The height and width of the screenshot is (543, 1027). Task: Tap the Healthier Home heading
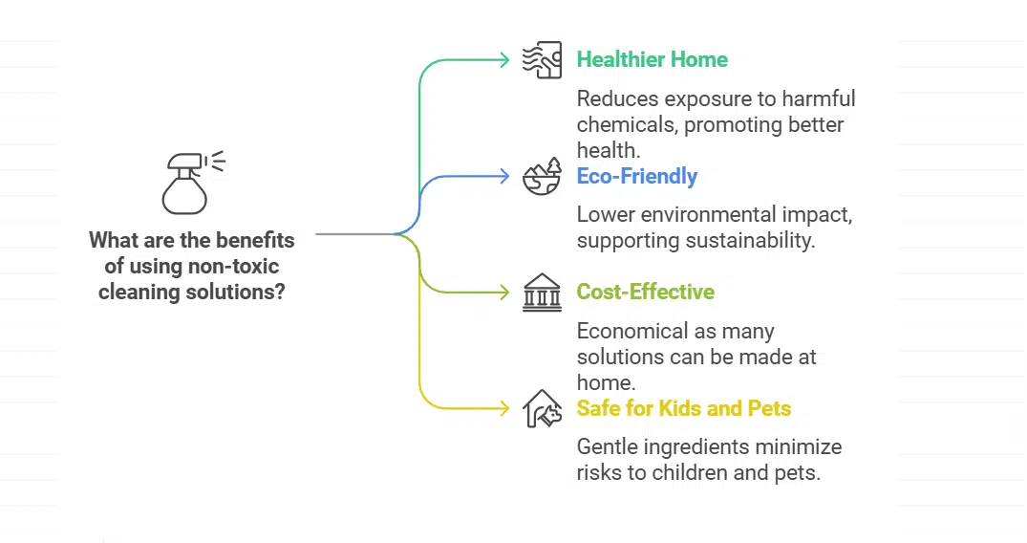click(x=652, y=59)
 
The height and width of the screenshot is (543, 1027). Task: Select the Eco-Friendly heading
click(x=636, y=176)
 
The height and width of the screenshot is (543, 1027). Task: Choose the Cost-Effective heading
click(x=645, y=292)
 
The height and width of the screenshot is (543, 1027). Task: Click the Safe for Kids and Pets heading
click(x=683, y=408)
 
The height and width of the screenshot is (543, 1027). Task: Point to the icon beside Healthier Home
click(x=542, y=59)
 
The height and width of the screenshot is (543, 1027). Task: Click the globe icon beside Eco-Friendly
click(x=542, y=177)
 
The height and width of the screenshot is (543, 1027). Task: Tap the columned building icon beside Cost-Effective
click(x=542, y=293)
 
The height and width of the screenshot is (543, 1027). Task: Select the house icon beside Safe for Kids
click(x=542, y=408)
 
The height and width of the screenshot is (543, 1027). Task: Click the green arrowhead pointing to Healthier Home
click(x=504, y=59)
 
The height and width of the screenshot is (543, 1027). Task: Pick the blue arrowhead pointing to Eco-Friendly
click(x=504, y=176)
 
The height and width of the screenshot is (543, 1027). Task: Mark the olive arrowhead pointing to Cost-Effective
click(x=504, y=292)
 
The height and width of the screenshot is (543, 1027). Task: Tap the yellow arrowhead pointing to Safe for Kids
click(x=504, y=408)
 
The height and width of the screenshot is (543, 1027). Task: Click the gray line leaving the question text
click(x=353, y=233)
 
